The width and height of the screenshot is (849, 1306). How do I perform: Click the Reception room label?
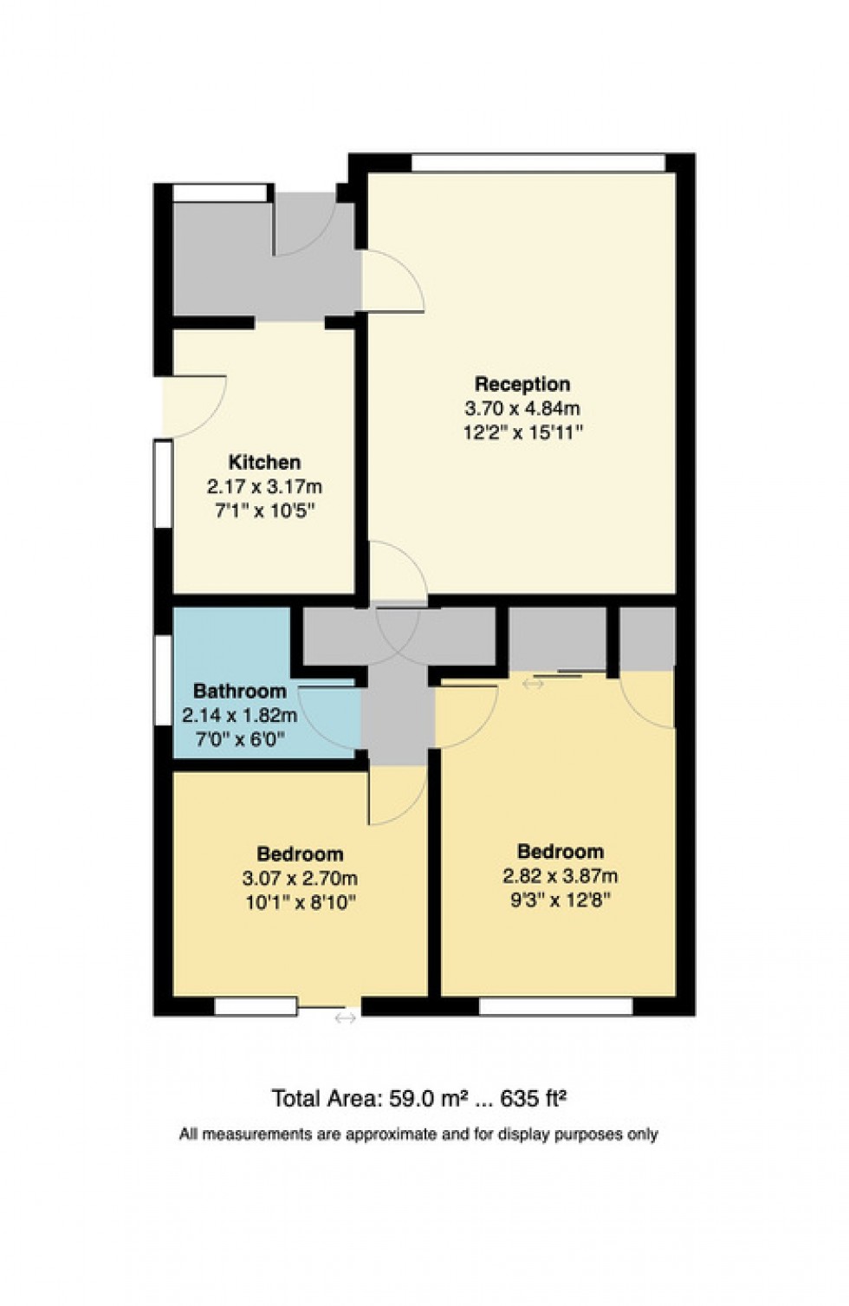(x=522, y=384)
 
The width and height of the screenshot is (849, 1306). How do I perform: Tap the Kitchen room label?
(x=264, y=463)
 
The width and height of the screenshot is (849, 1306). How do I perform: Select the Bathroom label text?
(x=239, y=692)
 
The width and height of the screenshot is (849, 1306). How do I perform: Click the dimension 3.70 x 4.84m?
(x=522, y=408)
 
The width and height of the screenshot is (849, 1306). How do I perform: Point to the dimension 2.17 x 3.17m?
(x=264, y=487)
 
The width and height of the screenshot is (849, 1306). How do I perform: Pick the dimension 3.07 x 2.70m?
(x=300, y=879)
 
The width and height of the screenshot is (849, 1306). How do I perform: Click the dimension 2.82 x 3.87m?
(x=560, y=876)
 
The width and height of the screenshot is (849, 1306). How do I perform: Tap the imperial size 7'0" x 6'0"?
(x=239, y=739)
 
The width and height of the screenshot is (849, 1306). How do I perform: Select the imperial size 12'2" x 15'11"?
(x=522, y=432)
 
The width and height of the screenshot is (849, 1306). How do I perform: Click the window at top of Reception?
(x=538, y=162)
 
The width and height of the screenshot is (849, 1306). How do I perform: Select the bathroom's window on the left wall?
(x=163, y=680)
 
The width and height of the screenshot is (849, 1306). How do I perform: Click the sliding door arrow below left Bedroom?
(x=345, y=1018)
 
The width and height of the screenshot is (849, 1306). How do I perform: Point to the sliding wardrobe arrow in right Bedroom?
(x=533, y=684)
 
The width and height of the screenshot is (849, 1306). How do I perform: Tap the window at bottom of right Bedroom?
(x=555, y=1006)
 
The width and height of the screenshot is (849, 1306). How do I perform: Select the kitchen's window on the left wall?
(x=163, y=483)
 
